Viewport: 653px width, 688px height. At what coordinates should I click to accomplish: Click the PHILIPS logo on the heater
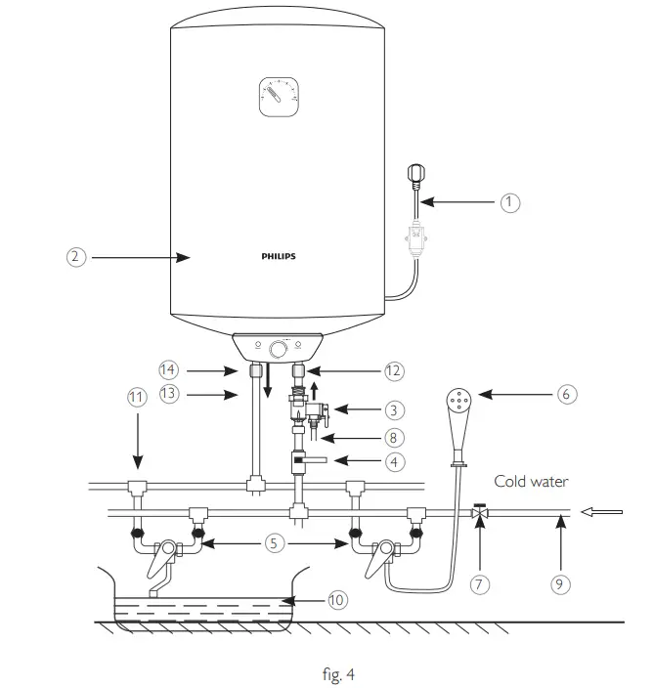[x=279, y=256]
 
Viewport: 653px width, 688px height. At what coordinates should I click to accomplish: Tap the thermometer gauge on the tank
[x=277, y=96]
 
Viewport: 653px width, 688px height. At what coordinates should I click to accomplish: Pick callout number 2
[x=76, y=257]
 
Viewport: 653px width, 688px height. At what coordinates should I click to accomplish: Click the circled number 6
[x=566, y=394]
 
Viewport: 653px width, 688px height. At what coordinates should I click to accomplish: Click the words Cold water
[x=531, y=481]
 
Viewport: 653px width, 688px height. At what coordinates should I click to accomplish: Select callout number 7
[x=480, y=584]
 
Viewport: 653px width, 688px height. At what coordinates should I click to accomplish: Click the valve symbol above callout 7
[x=479, y=511]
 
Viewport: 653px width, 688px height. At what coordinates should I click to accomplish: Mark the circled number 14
[x=169, y=369]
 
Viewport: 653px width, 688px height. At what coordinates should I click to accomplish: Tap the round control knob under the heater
[x=279, y=348]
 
